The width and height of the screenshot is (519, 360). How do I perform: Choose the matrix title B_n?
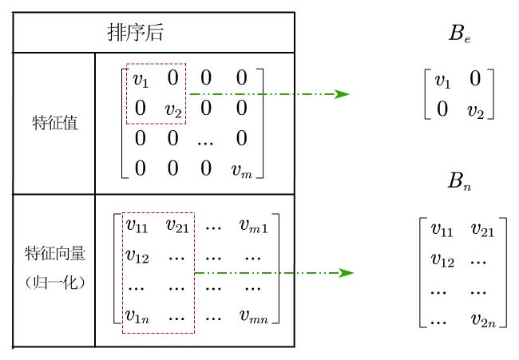point(458,184)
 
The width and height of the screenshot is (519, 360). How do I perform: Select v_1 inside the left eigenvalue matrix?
point(140,80)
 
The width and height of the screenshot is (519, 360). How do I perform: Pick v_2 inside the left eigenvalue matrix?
point(173,109)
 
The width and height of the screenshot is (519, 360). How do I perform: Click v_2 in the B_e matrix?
point(477,109)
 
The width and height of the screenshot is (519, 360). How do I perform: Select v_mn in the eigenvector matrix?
point(253,316)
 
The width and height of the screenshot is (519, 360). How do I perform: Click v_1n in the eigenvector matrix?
point(139,316)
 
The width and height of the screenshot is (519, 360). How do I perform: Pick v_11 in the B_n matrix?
point(442,231)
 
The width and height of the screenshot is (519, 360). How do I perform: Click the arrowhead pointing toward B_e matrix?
point(343,94)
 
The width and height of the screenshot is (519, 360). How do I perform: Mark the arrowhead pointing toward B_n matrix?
point(344,273)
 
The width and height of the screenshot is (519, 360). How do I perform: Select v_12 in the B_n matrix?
point(442,261)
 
